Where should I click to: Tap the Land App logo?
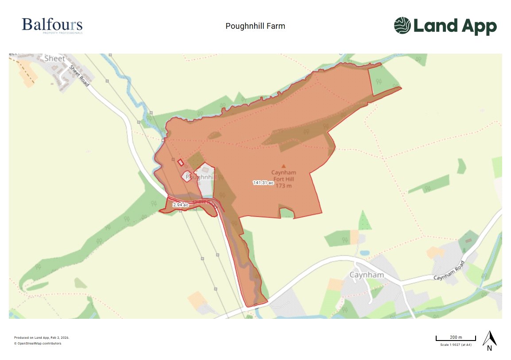[445, 26]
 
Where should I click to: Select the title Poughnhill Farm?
[255, 26]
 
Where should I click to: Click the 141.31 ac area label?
[263, 182]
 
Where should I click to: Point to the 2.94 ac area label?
[181, 205]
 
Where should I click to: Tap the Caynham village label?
[366, 275]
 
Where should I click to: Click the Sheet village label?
[54, 58]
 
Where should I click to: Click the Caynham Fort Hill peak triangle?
[284, 166]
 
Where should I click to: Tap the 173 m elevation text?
[283, 186]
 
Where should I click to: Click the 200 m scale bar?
[456, 339]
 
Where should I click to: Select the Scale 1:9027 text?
[456, 345]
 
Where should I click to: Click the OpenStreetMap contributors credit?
[38, 343]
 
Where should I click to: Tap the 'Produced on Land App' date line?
[42, 337]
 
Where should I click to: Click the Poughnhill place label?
[201, 177]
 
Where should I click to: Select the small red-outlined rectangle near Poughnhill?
[181, 163]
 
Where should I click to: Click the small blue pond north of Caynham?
[364, 253]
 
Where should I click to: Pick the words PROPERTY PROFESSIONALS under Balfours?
[62, 33]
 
